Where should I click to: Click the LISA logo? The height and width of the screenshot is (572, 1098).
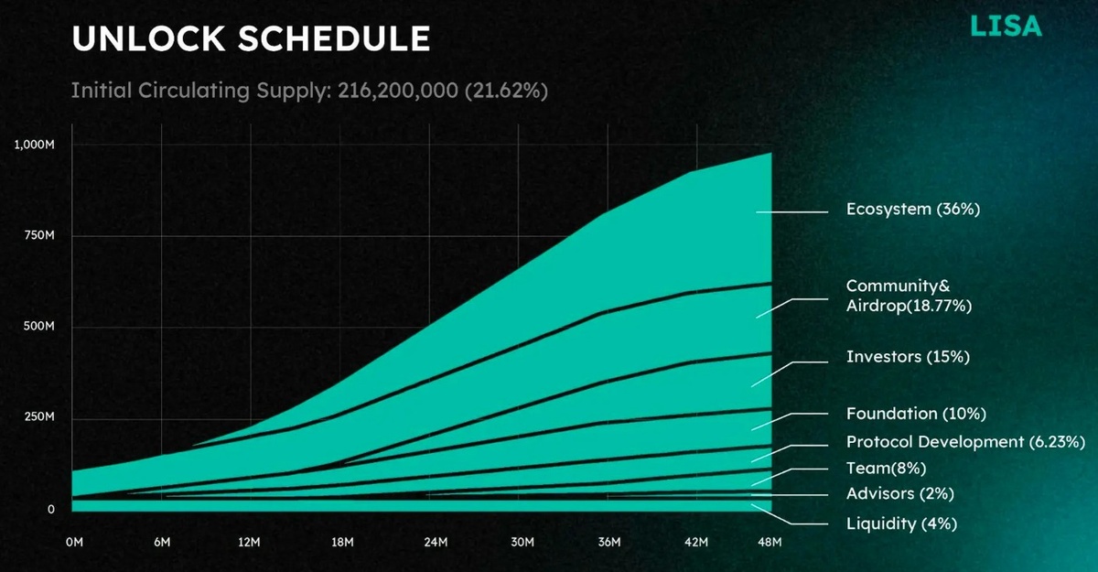(x=1006, y=27)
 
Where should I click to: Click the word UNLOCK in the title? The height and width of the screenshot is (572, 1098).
(x=148, y=38)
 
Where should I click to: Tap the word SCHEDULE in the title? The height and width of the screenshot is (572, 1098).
(x=334, y=38)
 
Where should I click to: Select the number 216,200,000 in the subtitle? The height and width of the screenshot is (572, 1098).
(x=398, y=91)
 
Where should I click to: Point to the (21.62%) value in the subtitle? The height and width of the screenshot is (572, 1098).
(x=506, y=91)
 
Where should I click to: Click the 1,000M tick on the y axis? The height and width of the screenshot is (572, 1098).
(x=35, y=145)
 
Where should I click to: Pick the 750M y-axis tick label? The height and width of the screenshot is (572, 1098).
(x=39, y=235)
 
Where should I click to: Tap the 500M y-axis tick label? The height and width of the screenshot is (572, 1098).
(x=39, y=326)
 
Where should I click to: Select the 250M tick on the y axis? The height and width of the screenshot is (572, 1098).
(x=39, y=416)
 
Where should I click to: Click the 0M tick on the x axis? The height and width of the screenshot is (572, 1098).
(x=74, y=542)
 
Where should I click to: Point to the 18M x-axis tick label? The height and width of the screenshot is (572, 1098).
(x=342, y=542)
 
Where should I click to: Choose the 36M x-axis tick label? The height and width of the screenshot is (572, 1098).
(x=609, y=542)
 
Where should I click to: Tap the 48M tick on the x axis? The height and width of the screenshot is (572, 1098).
(x=770, y=542)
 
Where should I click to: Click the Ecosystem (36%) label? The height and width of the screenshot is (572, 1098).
(x=913, y=210)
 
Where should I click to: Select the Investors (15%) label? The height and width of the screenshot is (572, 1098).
(x=909, y=357)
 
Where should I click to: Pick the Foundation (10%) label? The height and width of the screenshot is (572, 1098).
(x=916, y=414)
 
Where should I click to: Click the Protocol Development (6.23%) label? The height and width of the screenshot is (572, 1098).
(x=965, y=442)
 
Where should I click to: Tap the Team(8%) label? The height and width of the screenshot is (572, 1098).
(x=887, y=468)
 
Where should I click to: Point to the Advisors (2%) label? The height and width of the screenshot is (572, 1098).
(x=900, y=493)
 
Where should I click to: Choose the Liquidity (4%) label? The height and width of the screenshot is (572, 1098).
(x=902, y=524)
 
